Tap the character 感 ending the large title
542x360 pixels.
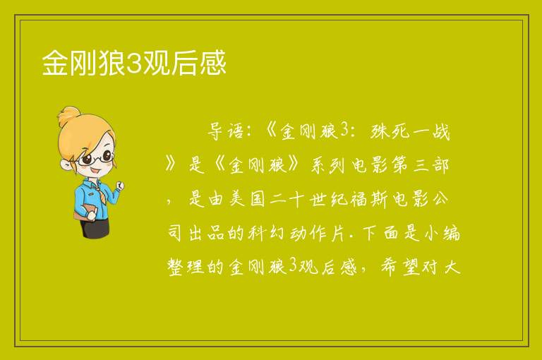(x=213, y=63)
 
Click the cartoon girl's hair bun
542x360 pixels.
(x=69, y=116)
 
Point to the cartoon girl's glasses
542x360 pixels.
(x=95, y=158)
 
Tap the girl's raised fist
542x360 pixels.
(x=119, y=186)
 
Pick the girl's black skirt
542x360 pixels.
(x=95, y=227)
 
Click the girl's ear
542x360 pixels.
(x=66, y=164)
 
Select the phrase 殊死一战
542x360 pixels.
(x=409, y=132)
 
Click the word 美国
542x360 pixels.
(x=247, y=199)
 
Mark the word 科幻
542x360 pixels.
(x=266, y=233)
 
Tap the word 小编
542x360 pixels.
(x=442, y=233)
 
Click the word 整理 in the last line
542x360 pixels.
(x=186, y=267)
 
